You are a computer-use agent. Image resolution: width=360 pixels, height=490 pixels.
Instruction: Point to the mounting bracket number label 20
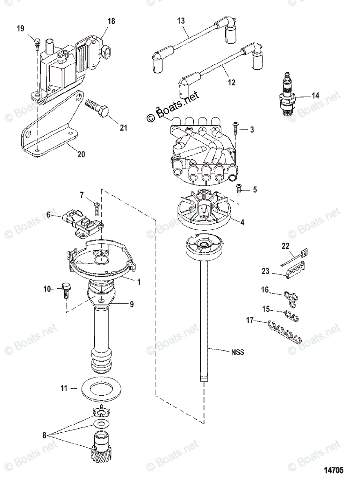(x=81, y=154)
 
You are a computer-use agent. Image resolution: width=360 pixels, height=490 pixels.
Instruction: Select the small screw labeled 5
(x=240, y=189)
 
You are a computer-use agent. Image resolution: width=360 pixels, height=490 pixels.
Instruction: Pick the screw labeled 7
(x=96, y=208)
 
